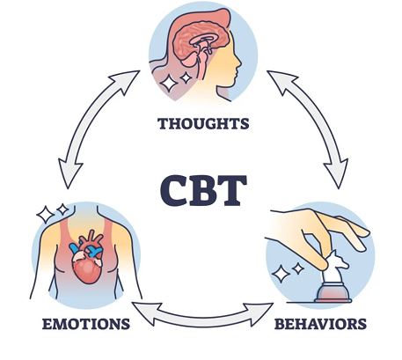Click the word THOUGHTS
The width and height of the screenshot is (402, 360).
click(x=203, y=123)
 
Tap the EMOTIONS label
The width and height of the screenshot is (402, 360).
click(x=86, y=324)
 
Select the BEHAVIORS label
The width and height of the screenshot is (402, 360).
click(x=320, y=324)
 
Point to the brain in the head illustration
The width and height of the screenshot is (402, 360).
click(x=201, y=44)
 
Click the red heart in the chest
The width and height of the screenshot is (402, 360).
click(x=88, y=258)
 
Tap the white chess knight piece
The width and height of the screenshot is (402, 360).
click(x=334, y=267)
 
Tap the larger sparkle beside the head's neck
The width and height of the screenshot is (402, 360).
click(x=169, y=83)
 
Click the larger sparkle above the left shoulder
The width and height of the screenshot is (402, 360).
click(x=46, y=215)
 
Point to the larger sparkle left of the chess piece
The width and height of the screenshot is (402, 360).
click(x=281, y=274)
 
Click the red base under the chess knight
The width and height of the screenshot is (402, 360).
click(x=333, y=293)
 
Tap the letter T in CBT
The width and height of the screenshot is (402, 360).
click(x=233, y=191)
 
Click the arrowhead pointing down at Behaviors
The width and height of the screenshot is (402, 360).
click(x=337, y=173)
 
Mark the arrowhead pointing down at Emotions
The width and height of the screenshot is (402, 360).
click(x=69, y=173)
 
